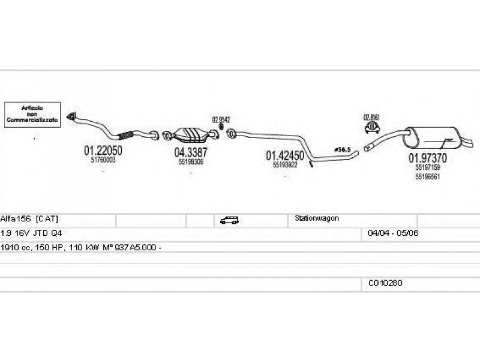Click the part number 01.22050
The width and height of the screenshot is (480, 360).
103,151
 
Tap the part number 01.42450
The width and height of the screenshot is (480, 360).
285,155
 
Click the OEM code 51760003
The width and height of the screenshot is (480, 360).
103,160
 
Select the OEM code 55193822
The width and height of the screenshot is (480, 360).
285,164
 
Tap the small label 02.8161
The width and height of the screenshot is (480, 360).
372,117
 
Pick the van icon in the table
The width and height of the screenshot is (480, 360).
229,220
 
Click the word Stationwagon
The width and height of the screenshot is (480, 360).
317,218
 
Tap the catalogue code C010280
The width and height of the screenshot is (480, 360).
385,283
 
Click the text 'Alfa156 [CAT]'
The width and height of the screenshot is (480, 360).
29,218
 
